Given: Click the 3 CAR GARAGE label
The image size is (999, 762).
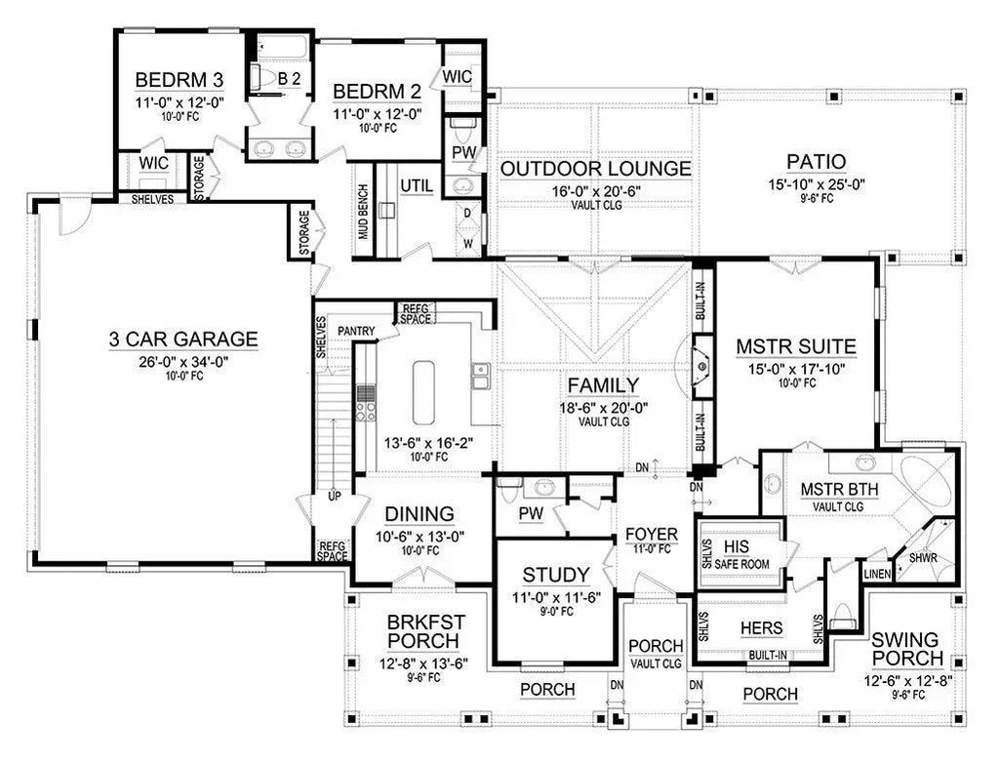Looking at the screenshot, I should coord(183,340).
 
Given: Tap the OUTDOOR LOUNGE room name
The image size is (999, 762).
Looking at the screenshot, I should coord(595,169).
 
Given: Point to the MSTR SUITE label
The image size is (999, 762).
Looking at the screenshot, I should coord(796,345).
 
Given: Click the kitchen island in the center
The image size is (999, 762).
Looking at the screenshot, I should coord(424,390).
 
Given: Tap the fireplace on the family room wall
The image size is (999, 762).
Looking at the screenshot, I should coord(700,363).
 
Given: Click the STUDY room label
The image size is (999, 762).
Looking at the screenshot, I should coord(555,574).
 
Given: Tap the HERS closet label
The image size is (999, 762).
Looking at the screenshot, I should coord(762,629).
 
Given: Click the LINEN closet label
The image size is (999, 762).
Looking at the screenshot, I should coord(876,575).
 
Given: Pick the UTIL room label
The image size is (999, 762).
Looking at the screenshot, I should coord(416,185).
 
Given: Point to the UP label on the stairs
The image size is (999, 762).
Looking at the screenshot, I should coord(334,497).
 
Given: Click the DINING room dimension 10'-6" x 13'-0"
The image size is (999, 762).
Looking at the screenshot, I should coord(418,535).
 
